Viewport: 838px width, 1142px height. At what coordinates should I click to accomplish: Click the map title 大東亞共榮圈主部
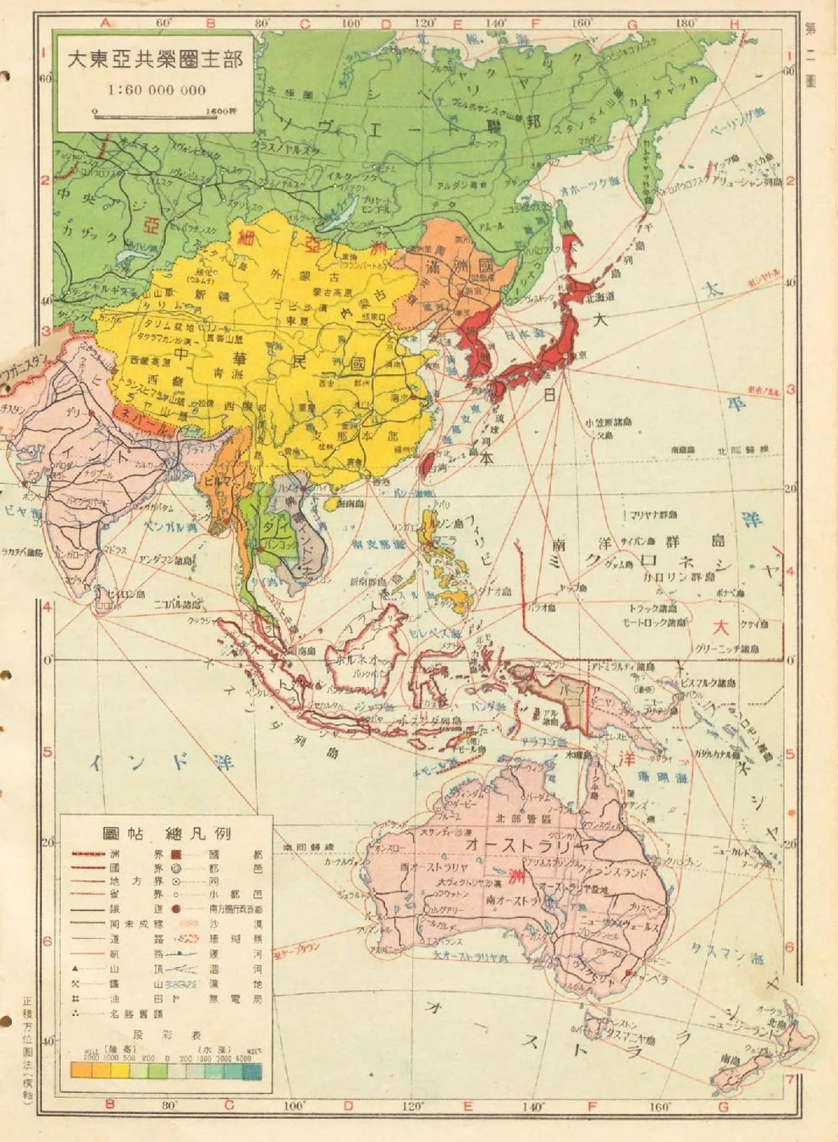pyautogui.click(x=155, y=62)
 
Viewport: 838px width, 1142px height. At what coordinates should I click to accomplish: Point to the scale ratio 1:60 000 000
pyautogui.click(x=156, y=89)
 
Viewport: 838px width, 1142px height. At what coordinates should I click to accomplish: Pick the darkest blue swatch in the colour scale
pyautogui.click(x=252, y=1072)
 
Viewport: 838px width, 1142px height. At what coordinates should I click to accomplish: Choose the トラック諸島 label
pyautogui.click(x=653, y=607)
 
